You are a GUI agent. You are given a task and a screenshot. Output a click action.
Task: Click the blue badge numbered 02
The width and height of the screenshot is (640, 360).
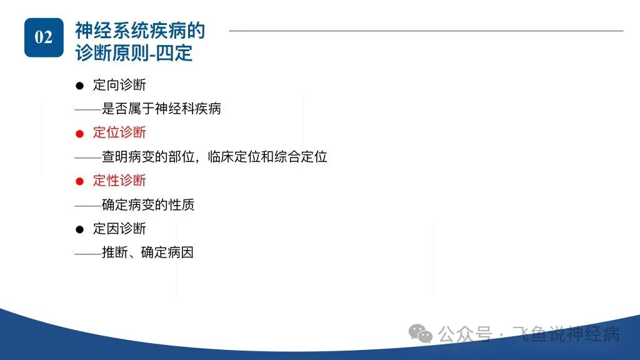[44, 37]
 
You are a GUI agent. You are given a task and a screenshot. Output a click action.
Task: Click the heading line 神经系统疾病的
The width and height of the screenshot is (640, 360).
[140, 31]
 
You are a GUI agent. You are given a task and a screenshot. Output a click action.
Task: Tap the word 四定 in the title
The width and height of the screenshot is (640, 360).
[174, 53]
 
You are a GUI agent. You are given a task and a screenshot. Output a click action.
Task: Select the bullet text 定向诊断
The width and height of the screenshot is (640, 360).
[119, 85]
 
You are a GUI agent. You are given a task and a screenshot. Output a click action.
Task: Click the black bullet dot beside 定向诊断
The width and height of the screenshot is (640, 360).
[79, 86]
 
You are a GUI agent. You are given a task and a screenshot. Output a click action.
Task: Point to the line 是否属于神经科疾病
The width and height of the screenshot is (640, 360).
[161, 109]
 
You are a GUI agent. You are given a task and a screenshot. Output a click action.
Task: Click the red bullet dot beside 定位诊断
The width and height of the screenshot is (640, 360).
[79, 134]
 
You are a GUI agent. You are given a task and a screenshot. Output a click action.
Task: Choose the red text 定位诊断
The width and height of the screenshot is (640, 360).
[119, 132]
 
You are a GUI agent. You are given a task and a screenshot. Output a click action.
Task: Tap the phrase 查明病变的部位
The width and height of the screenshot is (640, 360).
[148, 157]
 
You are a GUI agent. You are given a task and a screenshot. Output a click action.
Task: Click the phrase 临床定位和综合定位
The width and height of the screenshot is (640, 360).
[267, 157]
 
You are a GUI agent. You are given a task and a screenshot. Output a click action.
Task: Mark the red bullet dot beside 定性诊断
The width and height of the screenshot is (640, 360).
[79, 181]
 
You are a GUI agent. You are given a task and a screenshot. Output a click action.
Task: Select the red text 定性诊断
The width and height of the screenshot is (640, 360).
[119, 181]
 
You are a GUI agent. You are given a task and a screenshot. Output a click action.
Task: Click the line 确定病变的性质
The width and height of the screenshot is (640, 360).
[148, 204]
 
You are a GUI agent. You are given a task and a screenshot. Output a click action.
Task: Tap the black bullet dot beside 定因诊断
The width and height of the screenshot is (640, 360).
[79, 229]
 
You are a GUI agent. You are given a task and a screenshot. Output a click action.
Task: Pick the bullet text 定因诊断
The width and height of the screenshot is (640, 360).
[119, 229]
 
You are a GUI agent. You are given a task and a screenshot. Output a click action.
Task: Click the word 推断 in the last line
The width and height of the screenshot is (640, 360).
[115, 252]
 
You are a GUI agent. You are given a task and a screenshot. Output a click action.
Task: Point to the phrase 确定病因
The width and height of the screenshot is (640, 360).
[167, 252]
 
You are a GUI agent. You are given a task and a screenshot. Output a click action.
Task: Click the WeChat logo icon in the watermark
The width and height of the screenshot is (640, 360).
[421, 334]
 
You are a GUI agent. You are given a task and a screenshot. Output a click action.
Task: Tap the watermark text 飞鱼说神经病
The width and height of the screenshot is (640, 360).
[566, 334]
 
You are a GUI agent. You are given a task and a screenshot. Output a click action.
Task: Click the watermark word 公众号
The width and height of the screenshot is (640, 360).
[465, 334]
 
